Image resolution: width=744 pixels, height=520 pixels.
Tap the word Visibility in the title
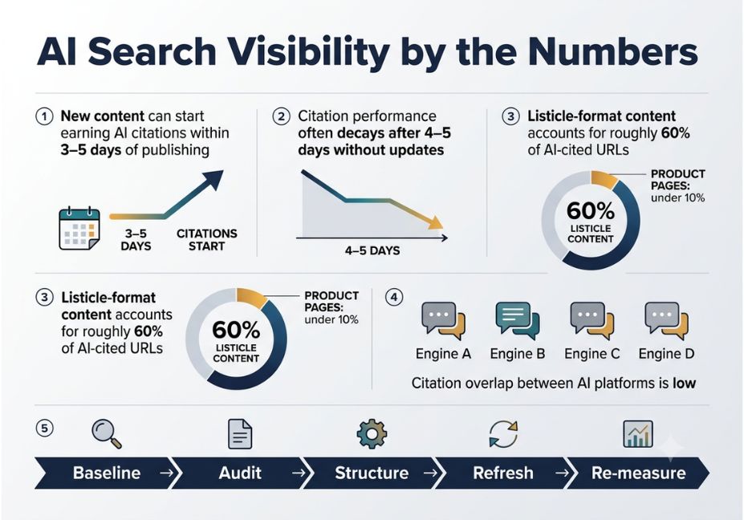point(307,52)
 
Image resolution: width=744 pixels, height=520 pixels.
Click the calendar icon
point(79,228)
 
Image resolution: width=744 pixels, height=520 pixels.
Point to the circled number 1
point(45,116)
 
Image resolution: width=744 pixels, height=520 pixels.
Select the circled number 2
point(282,116)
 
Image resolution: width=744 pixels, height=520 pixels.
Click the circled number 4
point(394,298)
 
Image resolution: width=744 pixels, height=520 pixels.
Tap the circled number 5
point(45,428)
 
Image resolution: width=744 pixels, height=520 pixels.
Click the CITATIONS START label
point(207,240)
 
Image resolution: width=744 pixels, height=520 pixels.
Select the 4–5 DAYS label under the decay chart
point(372,250)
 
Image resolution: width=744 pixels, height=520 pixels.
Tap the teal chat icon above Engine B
point(517,320)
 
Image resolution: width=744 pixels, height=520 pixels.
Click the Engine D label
point(666,354)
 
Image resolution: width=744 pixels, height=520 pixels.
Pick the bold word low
point(685,383)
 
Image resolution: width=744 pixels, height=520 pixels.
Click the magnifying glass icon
point(107,433)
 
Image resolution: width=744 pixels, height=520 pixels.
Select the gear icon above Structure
point(372,433)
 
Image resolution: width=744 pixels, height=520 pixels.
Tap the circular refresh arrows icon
point(503,433)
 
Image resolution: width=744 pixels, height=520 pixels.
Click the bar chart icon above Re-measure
point(638,434)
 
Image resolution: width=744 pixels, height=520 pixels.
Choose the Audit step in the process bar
point(240,473)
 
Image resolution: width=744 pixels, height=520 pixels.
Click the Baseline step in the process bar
point(107,473)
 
